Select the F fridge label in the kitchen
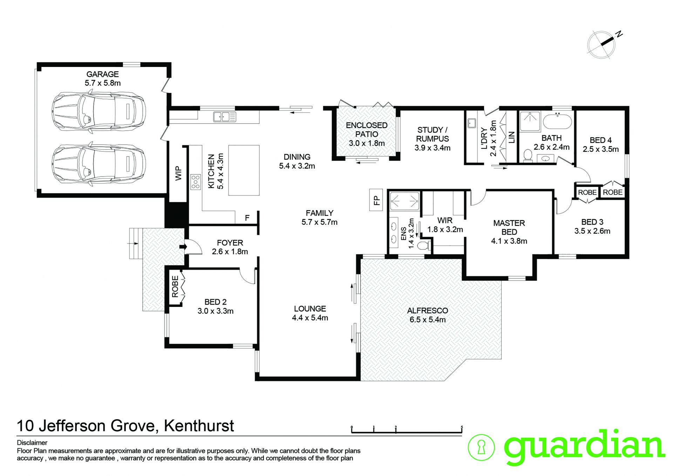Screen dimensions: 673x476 tap(247, 218)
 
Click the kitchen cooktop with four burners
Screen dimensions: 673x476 tap(196, 182)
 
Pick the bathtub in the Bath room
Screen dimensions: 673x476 tap(557, 121)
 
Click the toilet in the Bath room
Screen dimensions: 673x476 tap(527, 155)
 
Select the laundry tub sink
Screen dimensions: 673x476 tap(472, 123)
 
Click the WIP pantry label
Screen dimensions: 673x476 tap(179, 173)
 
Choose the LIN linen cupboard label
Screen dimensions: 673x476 tap(511, 137)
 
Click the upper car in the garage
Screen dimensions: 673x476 tap(99, 112)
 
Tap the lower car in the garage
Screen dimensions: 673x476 tap(99, 164)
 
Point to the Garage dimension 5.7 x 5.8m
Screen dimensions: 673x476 tap(103, 83)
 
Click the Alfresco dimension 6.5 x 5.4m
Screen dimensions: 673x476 tap(428, 320)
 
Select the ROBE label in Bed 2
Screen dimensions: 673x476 tap(175, 286)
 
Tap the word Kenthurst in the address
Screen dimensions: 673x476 tap(199, 426)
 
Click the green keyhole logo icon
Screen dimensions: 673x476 tap(482, 447)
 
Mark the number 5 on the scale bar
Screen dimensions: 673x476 tap(462, 427)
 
